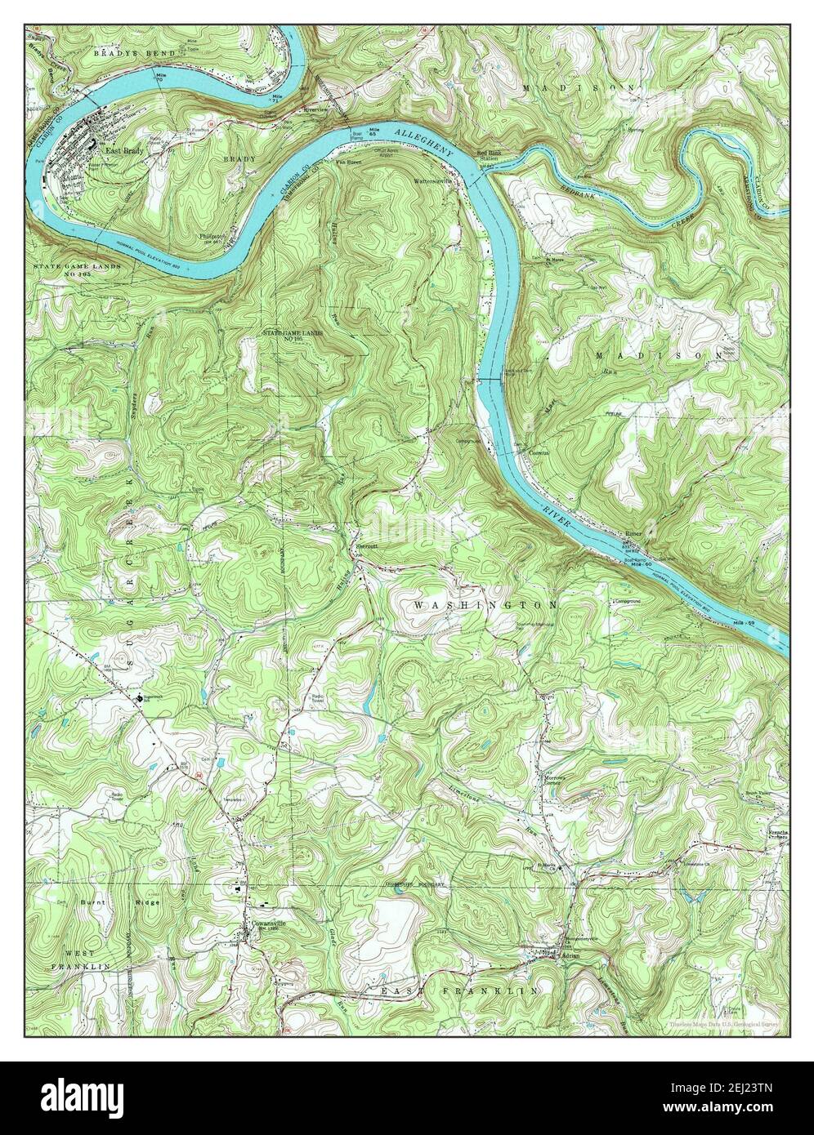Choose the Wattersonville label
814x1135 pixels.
(433, 181)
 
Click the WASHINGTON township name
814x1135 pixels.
(486, 605)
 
